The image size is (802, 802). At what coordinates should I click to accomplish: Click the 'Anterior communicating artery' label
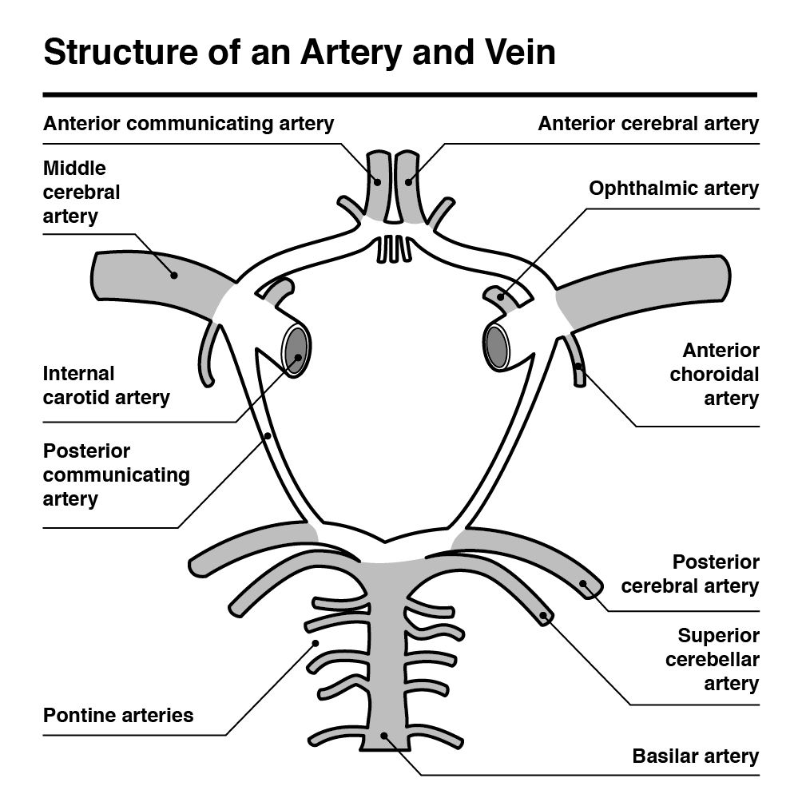(x=189, y=124)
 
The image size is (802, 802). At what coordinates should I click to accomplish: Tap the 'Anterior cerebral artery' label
(x=648, y=124)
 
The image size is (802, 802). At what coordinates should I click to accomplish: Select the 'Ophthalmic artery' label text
(x=673, y=189)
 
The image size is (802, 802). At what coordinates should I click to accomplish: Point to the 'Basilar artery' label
(x=696, y=756)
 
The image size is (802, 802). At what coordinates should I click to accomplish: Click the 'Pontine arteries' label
(x=118, y=715)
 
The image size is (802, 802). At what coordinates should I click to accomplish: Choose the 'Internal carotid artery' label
(x=106, y=386)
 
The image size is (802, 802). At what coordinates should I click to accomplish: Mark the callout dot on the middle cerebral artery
(x=174, y=275)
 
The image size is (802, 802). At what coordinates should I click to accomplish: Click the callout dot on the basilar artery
(x=384, y=736)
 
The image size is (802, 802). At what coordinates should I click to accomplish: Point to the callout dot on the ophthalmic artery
(x=501, y=297)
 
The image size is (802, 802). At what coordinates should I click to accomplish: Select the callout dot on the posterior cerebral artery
(x=582, y=584)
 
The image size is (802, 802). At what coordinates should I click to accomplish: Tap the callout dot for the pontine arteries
(x=316, y=644)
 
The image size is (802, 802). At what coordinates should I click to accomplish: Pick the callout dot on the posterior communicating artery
(x=268, y=436)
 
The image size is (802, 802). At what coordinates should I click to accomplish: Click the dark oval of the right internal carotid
(x=496, y=347)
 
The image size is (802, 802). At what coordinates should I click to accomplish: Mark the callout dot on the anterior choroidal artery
(x=578, y=366)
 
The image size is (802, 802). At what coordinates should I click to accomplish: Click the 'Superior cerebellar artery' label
(x=713, y=660)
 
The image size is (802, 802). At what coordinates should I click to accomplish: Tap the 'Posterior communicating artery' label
(x=117, y=475)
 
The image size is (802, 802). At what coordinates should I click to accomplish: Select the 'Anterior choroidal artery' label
(x=715, y=375)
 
